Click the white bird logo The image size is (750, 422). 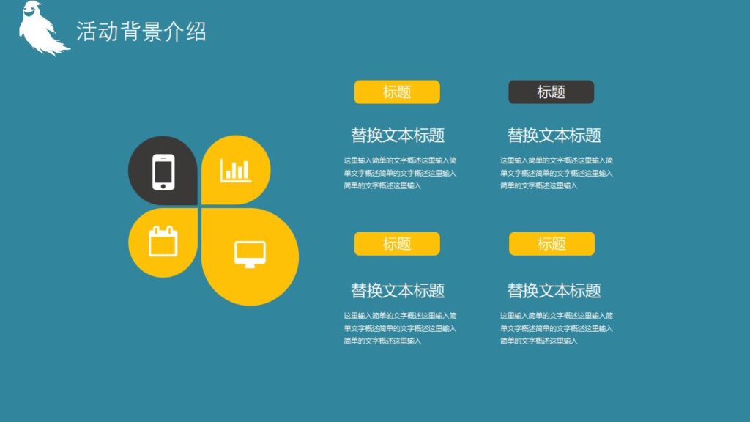click(x=40, y=29)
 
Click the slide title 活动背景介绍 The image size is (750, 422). click(x=141, y=32)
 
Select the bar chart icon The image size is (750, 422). click(x=236, y=170)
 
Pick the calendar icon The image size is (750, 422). click(x=163, y=241)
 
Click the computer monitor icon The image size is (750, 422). click(x=250, y=254)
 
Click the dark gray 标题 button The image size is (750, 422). click(x=551, y=92)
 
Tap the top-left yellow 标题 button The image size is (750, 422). click(x=397, y=92)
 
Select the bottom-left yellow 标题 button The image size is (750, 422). click(x=397, y=244)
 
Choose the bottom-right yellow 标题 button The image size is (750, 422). click(x=552, y=244)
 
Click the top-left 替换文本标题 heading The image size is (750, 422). click(x=398, y=136)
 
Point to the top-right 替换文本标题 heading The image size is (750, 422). click(x=554, y=136)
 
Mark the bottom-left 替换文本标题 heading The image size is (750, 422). click(x=398, y=291)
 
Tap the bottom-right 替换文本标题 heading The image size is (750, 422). click(x=554, y=291)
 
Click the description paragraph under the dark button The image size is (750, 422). click(x=556, y=173)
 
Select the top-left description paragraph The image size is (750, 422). click(x=400, y=173)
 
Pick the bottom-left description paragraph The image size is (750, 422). click(x=400, y=328)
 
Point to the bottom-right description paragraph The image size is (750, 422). click(x=556, y=328)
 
